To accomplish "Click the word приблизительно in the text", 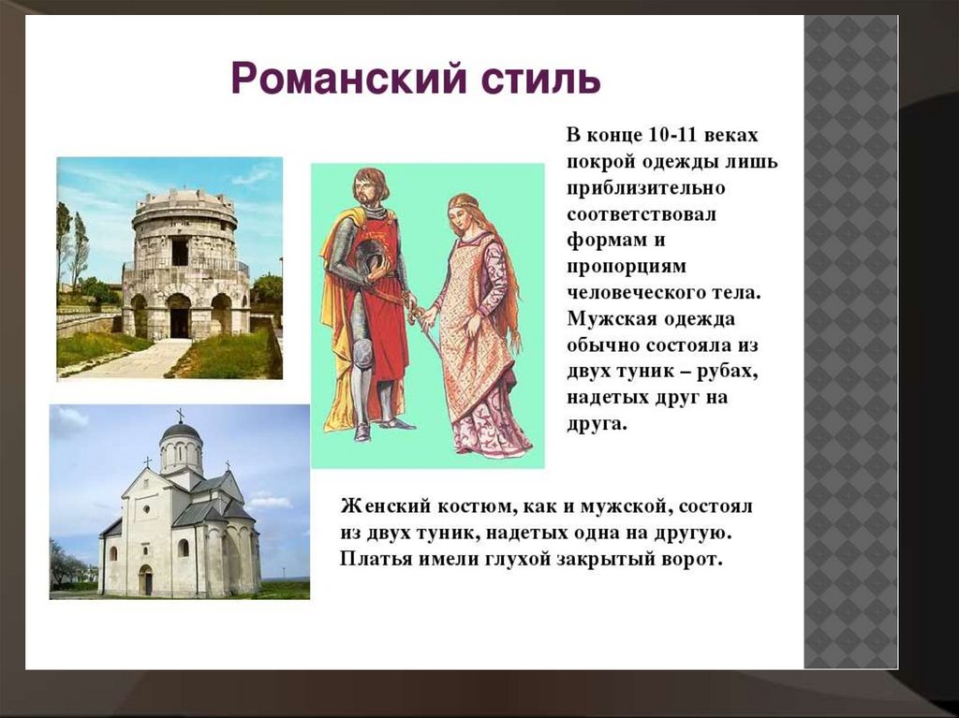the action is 645,187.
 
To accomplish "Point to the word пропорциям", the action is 627,268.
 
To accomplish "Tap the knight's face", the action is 366,191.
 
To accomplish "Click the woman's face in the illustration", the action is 459,214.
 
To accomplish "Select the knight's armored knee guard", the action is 362,350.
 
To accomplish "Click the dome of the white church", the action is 181,432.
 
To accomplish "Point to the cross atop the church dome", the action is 181,416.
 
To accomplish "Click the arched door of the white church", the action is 145,579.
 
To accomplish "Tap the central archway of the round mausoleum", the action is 179,315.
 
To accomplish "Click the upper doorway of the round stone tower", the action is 180,252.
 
